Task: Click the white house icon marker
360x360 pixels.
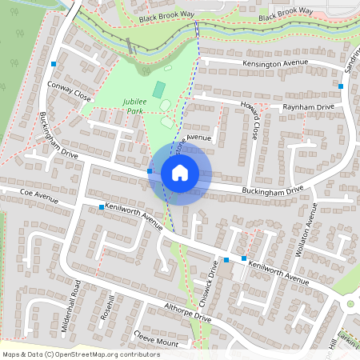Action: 180,173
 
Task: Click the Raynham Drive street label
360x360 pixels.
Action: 307,106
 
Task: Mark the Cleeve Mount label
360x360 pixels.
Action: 157,338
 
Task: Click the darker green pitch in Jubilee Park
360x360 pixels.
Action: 159,88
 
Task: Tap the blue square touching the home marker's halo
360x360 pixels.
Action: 150,171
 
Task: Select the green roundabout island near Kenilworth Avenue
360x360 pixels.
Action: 350,304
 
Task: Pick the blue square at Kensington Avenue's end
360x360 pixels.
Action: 341,86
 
